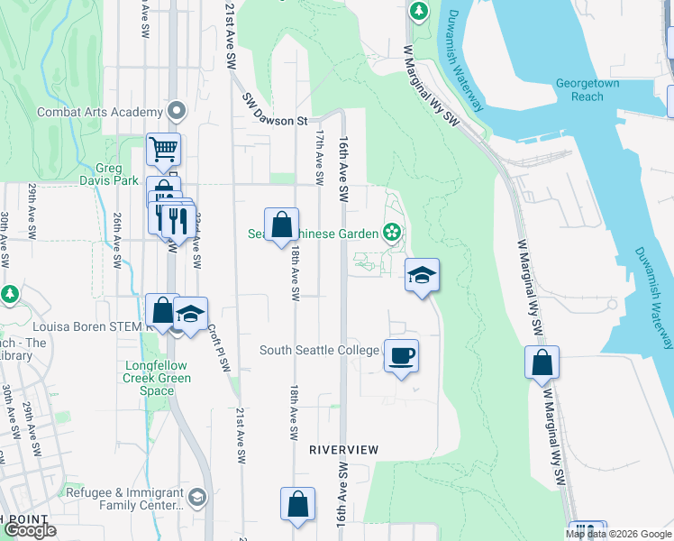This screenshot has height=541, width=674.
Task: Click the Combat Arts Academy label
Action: coord(99,113)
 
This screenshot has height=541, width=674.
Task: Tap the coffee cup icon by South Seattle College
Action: coord(401,354)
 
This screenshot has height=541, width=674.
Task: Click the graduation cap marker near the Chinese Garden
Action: coord(421,275)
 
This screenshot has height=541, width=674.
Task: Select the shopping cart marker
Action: coord(163,149)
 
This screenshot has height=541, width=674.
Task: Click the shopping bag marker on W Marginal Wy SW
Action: coord(542,362)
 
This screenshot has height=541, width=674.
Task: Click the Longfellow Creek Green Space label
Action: coord(158,378)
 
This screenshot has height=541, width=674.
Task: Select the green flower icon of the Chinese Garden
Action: coord(391,234)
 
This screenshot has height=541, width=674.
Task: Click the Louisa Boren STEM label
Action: coord(86,326)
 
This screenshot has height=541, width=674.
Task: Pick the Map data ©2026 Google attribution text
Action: coord(619,534)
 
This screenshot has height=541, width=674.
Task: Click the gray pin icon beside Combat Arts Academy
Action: coord(177,113)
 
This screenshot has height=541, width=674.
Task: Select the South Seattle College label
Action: coord(320,350)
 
